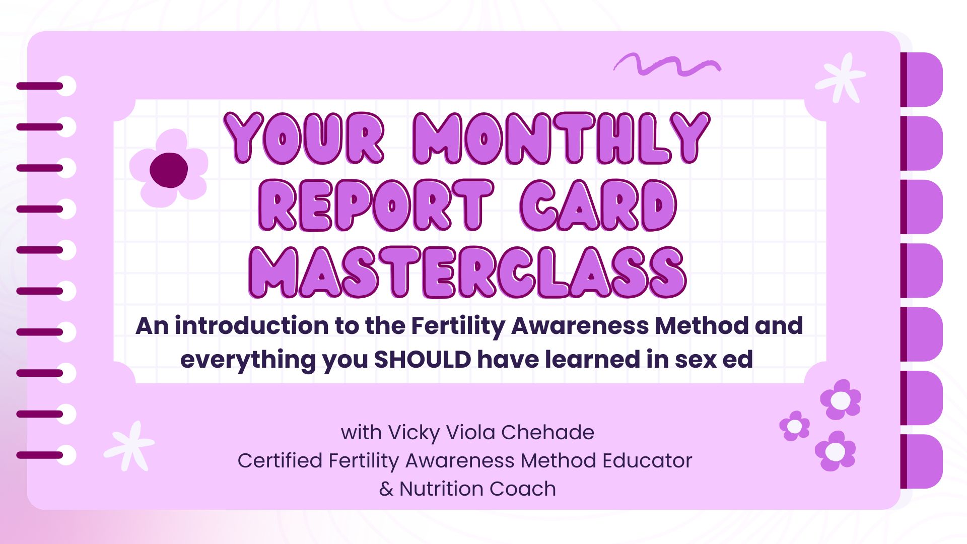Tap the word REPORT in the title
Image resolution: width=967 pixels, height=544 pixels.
376,206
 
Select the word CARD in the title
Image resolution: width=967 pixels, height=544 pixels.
598,206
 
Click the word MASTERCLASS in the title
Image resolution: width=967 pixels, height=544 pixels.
467,273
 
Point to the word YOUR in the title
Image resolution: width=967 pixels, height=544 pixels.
304,138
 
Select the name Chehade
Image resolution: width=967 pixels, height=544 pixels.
547,432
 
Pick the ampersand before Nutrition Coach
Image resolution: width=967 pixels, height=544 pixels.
386,489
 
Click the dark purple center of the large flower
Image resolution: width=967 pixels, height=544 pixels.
169,170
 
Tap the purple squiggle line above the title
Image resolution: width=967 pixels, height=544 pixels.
667,64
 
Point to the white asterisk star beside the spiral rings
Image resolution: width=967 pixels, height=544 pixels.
129,446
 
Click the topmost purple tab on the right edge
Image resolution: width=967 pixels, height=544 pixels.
922,80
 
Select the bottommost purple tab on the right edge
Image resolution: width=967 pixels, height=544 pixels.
922,461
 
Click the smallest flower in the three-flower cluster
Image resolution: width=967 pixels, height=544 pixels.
794,426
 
